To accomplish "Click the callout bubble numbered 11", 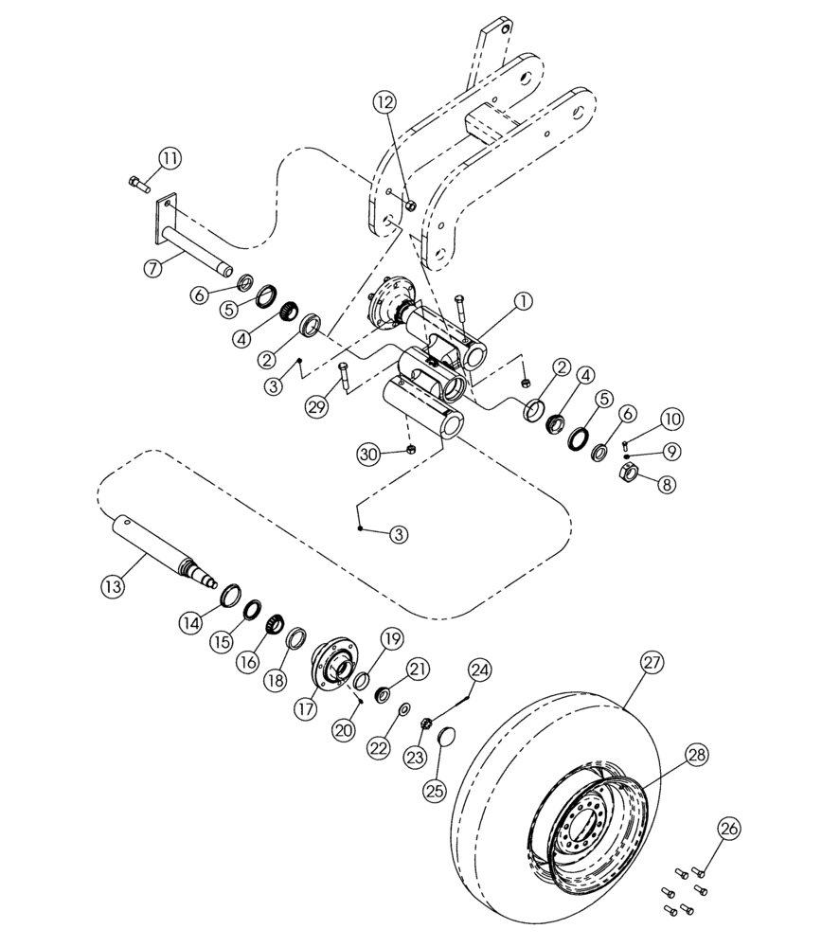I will coord(169,157).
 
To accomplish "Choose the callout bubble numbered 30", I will coord(369,454).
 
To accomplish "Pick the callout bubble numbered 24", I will coord(480,671).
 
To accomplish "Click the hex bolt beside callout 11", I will coord(137,182).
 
